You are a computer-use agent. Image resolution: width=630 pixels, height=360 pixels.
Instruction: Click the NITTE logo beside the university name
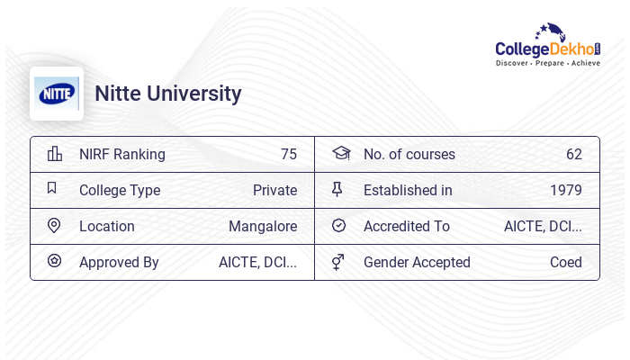coord(57,94)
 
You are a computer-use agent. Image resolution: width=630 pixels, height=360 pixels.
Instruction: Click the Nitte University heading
coord(168,94)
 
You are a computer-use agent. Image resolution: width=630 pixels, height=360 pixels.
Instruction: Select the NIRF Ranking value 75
coord(288,154)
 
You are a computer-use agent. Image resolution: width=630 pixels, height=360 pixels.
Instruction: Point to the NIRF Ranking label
coord(122,154)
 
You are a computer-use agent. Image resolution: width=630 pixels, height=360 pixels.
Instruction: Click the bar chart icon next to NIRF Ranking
coord(54,154)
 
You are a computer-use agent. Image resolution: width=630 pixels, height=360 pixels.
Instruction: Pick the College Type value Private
coord(274,190)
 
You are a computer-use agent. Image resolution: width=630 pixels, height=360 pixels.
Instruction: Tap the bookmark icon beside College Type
coord(52,189)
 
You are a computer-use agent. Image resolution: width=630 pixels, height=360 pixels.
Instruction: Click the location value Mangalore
coord(263,226)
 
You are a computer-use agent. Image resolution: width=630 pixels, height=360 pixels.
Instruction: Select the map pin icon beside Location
coord(54,226)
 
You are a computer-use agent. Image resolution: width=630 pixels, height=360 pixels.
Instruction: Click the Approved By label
coord(119,262)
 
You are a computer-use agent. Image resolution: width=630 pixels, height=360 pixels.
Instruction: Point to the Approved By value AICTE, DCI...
coord(257,262)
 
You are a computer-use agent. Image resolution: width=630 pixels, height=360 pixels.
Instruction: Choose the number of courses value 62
coord(573,154)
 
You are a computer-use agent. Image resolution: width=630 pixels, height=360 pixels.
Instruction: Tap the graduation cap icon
coord(340,153)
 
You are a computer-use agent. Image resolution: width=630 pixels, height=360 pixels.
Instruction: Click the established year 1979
coord(565,190)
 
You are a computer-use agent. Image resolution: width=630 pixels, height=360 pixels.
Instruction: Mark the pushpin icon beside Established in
coord(338,190)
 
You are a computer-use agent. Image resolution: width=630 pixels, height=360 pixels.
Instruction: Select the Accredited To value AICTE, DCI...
coord(543,226)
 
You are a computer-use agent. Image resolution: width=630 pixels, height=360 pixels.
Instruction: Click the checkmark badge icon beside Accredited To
coord(338,226)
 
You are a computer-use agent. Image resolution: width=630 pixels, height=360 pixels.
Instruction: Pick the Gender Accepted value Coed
coord(565,262)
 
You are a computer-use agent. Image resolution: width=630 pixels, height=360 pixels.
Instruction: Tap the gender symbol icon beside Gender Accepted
coord(338,262)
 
